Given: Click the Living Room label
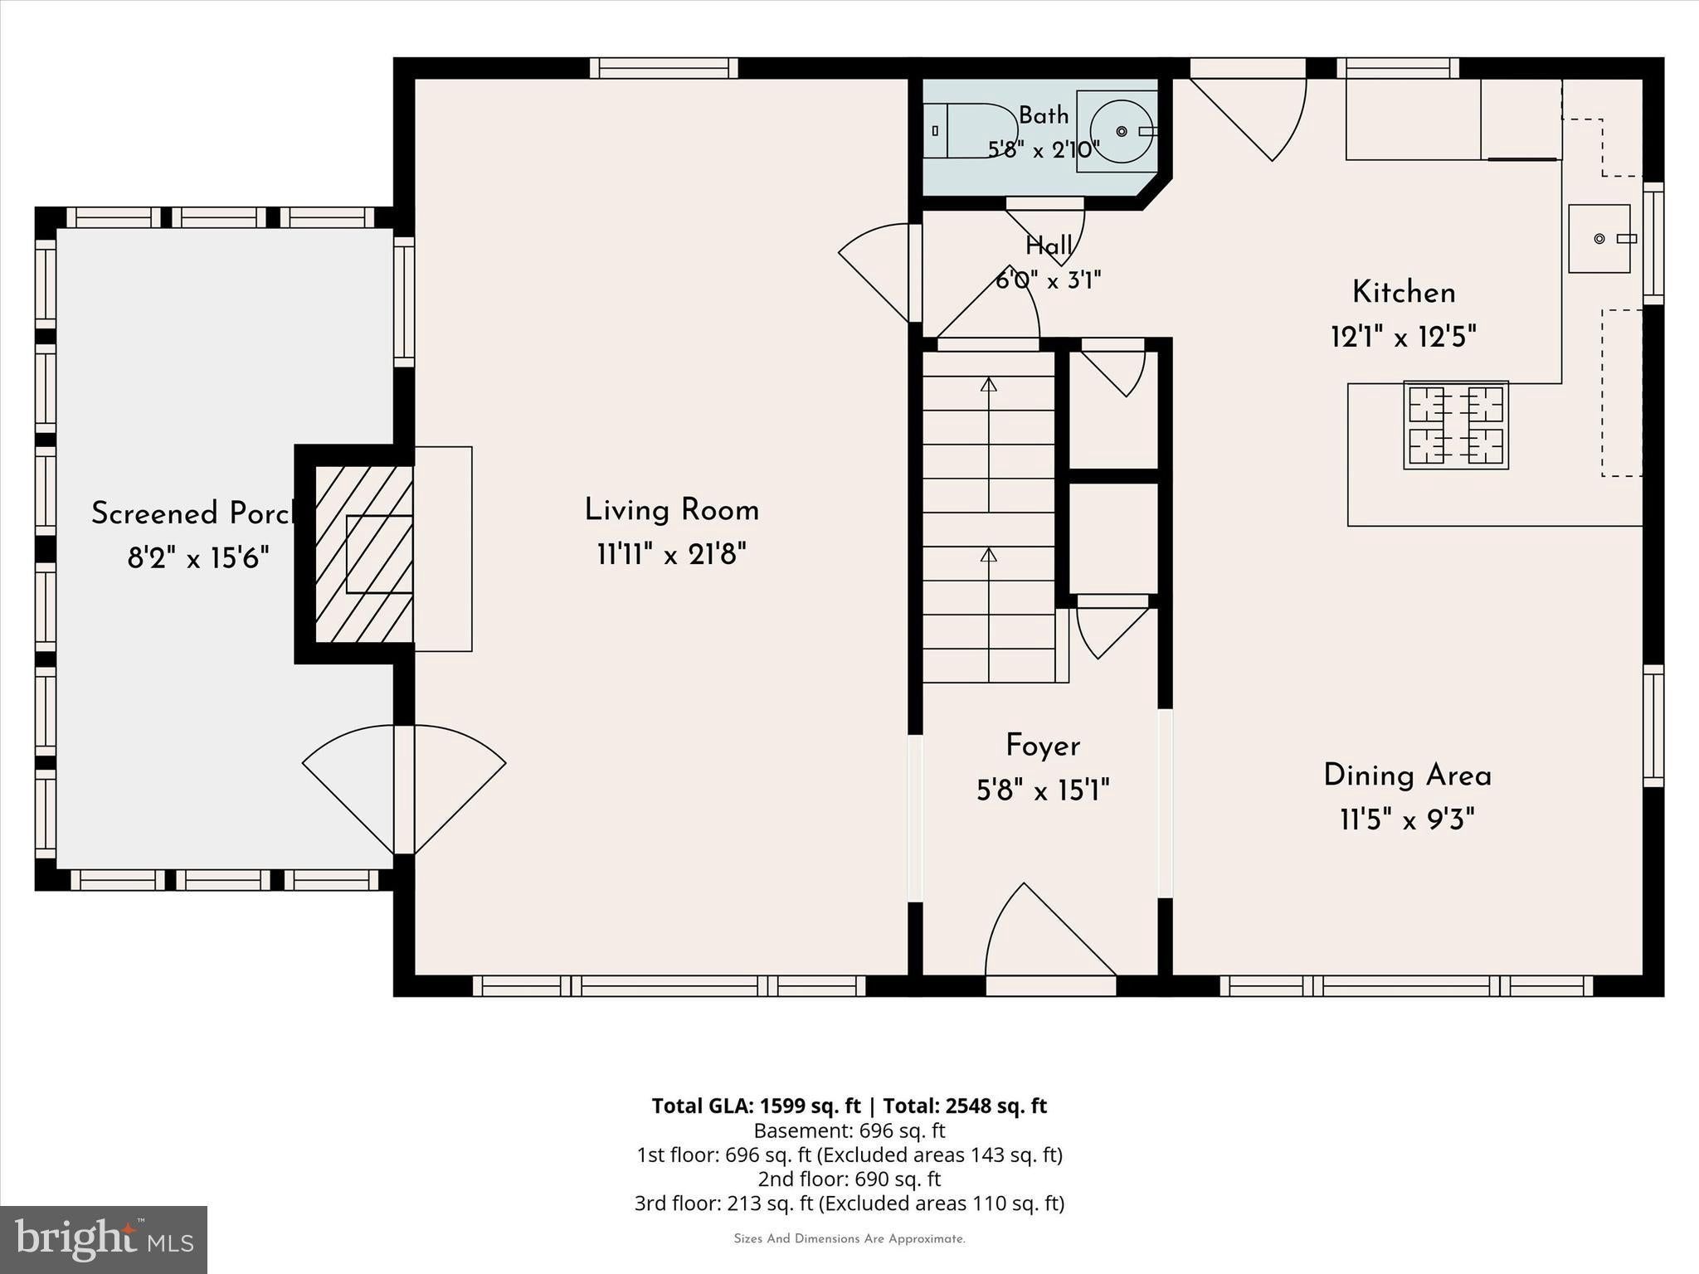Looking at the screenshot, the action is click(672, 510).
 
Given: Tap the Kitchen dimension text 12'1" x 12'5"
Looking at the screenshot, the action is click(1404, 337).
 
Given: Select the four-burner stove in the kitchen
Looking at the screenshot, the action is click(1456, 425).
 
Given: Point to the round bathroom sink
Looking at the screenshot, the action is click(1120, 131).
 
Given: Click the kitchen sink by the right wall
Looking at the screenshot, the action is click(1599, 239).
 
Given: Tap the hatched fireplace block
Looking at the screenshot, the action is click(364, 554).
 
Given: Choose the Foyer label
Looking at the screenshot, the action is click(1043, 746).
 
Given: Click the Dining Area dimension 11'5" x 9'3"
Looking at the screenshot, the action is click(1408, 820).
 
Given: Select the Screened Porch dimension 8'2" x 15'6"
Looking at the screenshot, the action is click(198, 558).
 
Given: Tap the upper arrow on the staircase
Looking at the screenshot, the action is click(988, 445).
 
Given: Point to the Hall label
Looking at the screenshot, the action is click(1049, 246).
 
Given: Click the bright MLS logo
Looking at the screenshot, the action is click(104, 1239).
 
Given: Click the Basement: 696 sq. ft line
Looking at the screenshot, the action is click(849, 1131).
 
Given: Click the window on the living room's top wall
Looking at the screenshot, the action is click(664, 68).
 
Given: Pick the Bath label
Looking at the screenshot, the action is click(1044, 115).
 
